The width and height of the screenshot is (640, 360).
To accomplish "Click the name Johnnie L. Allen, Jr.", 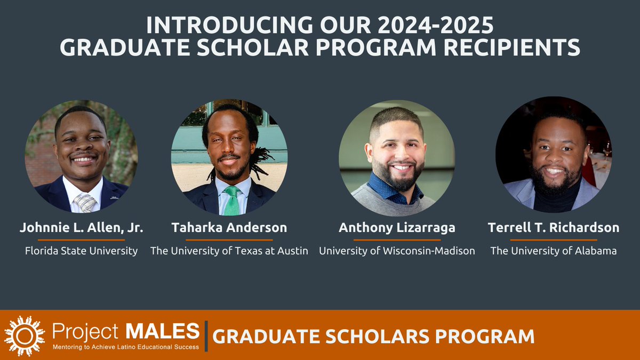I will [x=81, y=228].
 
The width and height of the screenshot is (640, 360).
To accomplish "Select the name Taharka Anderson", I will [x=229, y=228].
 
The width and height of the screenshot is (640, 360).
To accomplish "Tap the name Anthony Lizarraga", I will [x=397, y=228].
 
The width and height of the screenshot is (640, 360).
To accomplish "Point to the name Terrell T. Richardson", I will [x=554, y=228].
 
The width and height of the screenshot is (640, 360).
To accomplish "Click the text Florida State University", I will [x=81, y=251].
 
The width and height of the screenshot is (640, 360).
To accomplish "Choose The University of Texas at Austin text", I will [x=229, y=251].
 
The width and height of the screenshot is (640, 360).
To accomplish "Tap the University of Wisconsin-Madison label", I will [x=397, y=251].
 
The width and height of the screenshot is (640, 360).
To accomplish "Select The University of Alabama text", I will [x=554, y=251].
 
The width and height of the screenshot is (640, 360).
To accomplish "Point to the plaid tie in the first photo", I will [x=85, y=202].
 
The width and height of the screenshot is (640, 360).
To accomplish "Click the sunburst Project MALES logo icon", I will [x=24, y=335].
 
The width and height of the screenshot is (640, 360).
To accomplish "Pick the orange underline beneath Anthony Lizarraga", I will [x=397, y=240].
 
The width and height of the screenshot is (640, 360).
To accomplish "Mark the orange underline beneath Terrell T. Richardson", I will [x=554, y=240].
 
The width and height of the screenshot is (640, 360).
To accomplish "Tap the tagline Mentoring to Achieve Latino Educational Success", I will [x=125, y=347].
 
